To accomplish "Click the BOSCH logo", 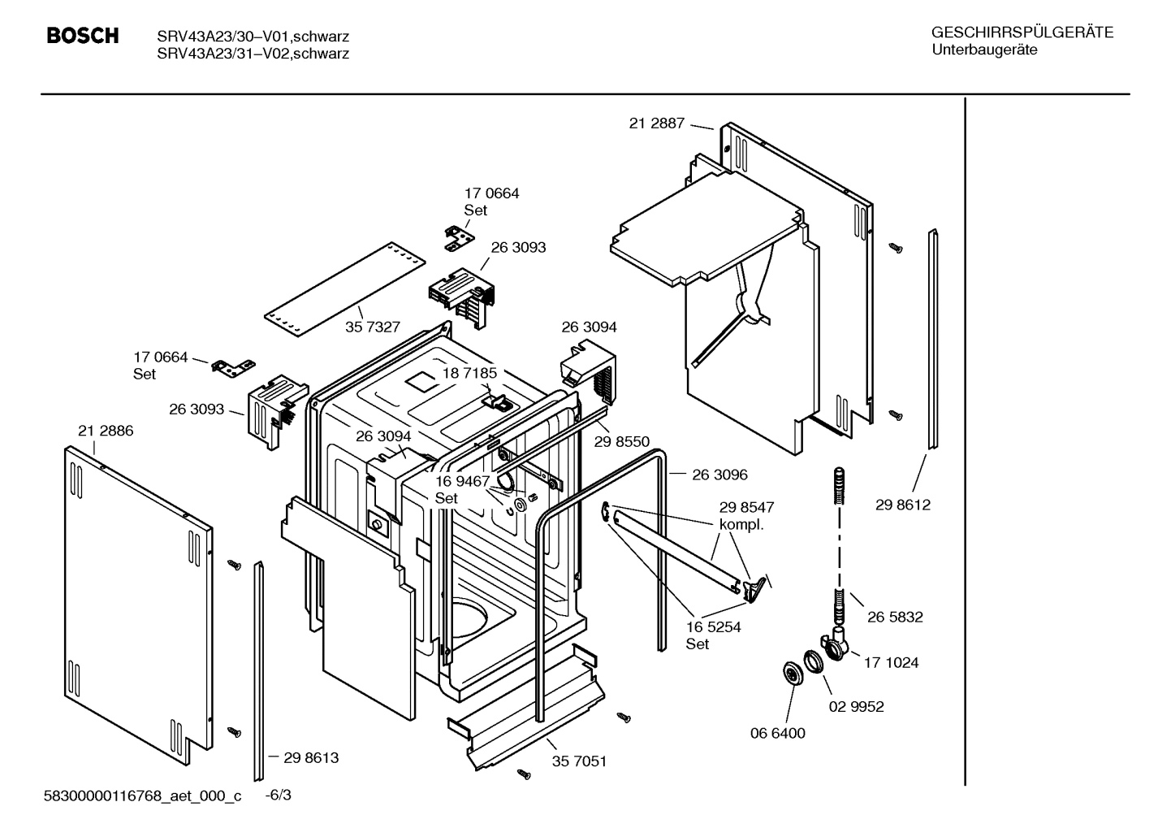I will pyautogui.click(x=83, y=36).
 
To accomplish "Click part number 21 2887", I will pyautogui.click(x=656, y=124).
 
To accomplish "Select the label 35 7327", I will pyautogui.click(x=373, y=327).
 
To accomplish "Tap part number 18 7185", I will pyautogui.click(x=469, y=373).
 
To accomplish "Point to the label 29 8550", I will pyautogui.click(x=621, y=441).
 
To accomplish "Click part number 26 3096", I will pyautogui.click(x=719, y=475).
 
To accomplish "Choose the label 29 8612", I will pyautogui.click(x=902, y=505).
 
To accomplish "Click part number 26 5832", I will pyautogui.click(x=894, y=617).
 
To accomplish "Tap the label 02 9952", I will pyautogui.click(x=856, y=706).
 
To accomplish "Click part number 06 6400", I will pyautogui.click(x=777, y=733).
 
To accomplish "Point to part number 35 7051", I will pyautogui.click(x=579, y=761).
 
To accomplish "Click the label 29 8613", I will pyautogui.click(x=311, y=757).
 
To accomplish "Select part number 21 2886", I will pyautogui.click(x=106, y=431).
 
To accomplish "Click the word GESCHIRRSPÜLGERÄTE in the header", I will pyautogui.click(x=1022, y=33).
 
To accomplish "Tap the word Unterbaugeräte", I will pyautogui.click(x=984, y=50).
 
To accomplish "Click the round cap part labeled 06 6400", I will pyautogui.click(x=789, y=673).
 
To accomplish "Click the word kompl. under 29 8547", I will pyautogui.click(x=741, y=524).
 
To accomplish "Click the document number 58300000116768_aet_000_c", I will pyautogui.click(x=142, y=796).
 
